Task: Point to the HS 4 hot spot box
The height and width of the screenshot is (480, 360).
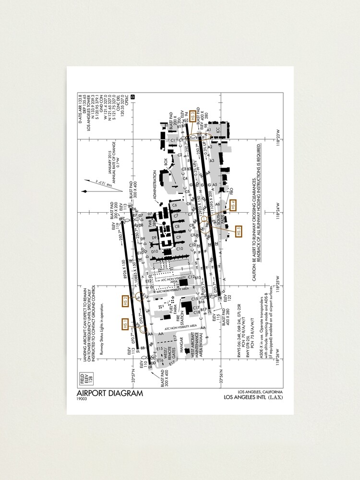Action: [234, 205]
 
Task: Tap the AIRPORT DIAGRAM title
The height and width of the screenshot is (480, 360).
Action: [109, 393]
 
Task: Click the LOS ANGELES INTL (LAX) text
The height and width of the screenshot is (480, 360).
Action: [253, 397]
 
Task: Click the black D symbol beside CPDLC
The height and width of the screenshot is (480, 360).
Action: [133, 97]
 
